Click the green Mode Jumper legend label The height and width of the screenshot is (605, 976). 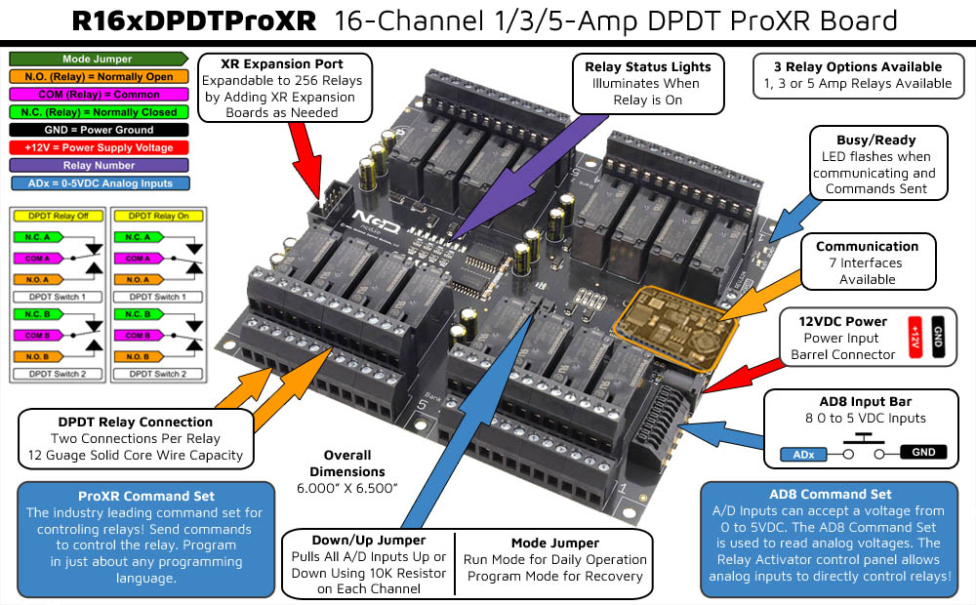click(x=97, y=60)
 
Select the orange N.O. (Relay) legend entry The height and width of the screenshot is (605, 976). click(x=97, y=77)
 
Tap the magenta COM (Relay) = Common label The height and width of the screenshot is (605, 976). click(x=97, y=95)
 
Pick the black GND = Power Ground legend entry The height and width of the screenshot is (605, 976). click(x=97, y=130)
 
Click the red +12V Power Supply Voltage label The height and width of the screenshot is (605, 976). click(x=97, y=147)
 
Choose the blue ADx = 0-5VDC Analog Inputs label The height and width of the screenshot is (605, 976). click(x=97, y=182)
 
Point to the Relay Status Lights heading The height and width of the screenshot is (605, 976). click(x=648, y=66)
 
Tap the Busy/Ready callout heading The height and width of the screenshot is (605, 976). click(x=875, y=140)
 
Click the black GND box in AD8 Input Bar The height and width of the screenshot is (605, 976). click(x=923, y=452)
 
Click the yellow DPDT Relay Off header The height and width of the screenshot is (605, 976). click(x=58, y=216)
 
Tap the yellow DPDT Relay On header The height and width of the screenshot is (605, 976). click(x=162, y=216)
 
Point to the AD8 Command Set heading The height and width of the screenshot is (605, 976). click(x=830, y=494)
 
